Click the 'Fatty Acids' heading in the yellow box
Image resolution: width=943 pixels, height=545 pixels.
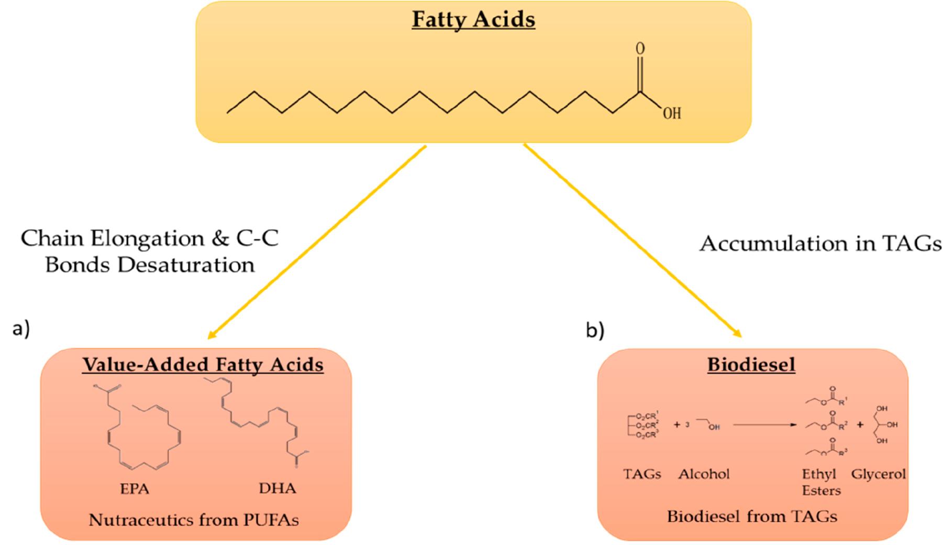coord(473,19)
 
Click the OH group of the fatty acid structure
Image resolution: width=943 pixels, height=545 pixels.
coord(672,113)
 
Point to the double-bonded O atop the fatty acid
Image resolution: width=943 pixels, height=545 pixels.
coord(640,49)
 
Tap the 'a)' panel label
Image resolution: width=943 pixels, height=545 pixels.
coord(21,329)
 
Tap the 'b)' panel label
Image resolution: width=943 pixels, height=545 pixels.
coord(595,331)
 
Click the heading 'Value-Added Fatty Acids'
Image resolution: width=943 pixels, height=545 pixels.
coord(203,364)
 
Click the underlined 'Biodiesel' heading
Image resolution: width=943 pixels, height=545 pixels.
coord(751,364)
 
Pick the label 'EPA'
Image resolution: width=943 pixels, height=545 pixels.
coord(135,489)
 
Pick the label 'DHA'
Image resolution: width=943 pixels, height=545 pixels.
coord(277,488)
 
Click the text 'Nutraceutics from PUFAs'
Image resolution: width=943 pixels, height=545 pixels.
coord(194,520)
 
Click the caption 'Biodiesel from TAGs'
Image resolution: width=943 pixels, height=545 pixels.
coord(752,517)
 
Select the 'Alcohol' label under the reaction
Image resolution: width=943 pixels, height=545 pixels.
coord(704,474)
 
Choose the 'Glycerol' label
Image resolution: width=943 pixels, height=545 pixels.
coord(878,474)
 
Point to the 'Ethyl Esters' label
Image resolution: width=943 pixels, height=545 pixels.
coord(821,482)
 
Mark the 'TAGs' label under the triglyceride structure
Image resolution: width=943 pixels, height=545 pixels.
coord(642,474)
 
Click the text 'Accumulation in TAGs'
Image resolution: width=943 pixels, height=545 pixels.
coord(820,244)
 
